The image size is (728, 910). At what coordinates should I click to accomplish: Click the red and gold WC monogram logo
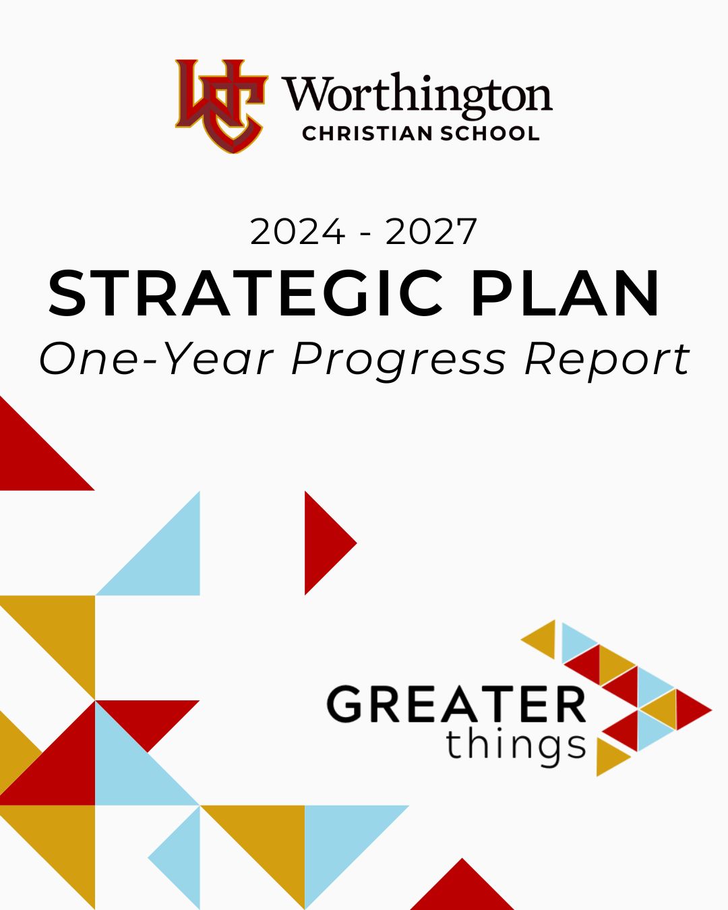pos(221,106)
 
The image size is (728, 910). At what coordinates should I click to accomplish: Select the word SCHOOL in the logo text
pos(490,134)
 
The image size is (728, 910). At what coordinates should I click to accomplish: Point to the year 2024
pos(297,232)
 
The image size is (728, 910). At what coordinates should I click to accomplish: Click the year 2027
pos(431,232)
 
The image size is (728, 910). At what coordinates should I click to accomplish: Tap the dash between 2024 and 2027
pos(365,233)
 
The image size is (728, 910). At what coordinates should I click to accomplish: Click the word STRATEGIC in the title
pos(245,293)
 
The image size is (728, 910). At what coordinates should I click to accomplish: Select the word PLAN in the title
pos(565,293)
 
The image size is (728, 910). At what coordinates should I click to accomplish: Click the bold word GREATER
pos(456,704)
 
